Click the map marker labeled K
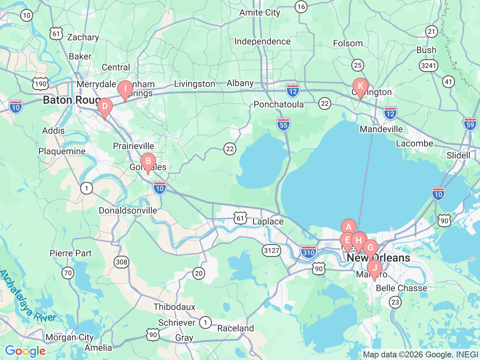pyautogui.click(x=360, y=86)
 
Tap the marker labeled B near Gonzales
pyautogui.click(x=148, y=162)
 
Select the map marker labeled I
pyautogui.click(x=125, y=89)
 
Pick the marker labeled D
pyautogui.click(x=105, y=106)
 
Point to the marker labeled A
pyautogui.click(x=348, y=227)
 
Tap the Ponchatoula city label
pyautogui.click(x=279, y=104)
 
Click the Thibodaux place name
pyautogui.click(x=174, y=307)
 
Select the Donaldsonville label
pyautogui.click(x=128, y=210)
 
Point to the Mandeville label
pyautogui.click(x=381, y=129)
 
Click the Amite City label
pyautogui.click(x=260, y=13)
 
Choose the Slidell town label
pyautogui.click(x=458, y=155)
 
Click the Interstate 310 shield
pyautogui.click(x=308, y=252)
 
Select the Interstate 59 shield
pyautogui.click(x=470, y=124)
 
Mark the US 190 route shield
pyautogui.click(x=40, y=84)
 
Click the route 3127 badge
pyautogui.click(x=271, y=250)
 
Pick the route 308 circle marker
pyautogui.click(x=121, y=262)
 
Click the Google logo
pyautogui.click(x=25, y=351)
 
